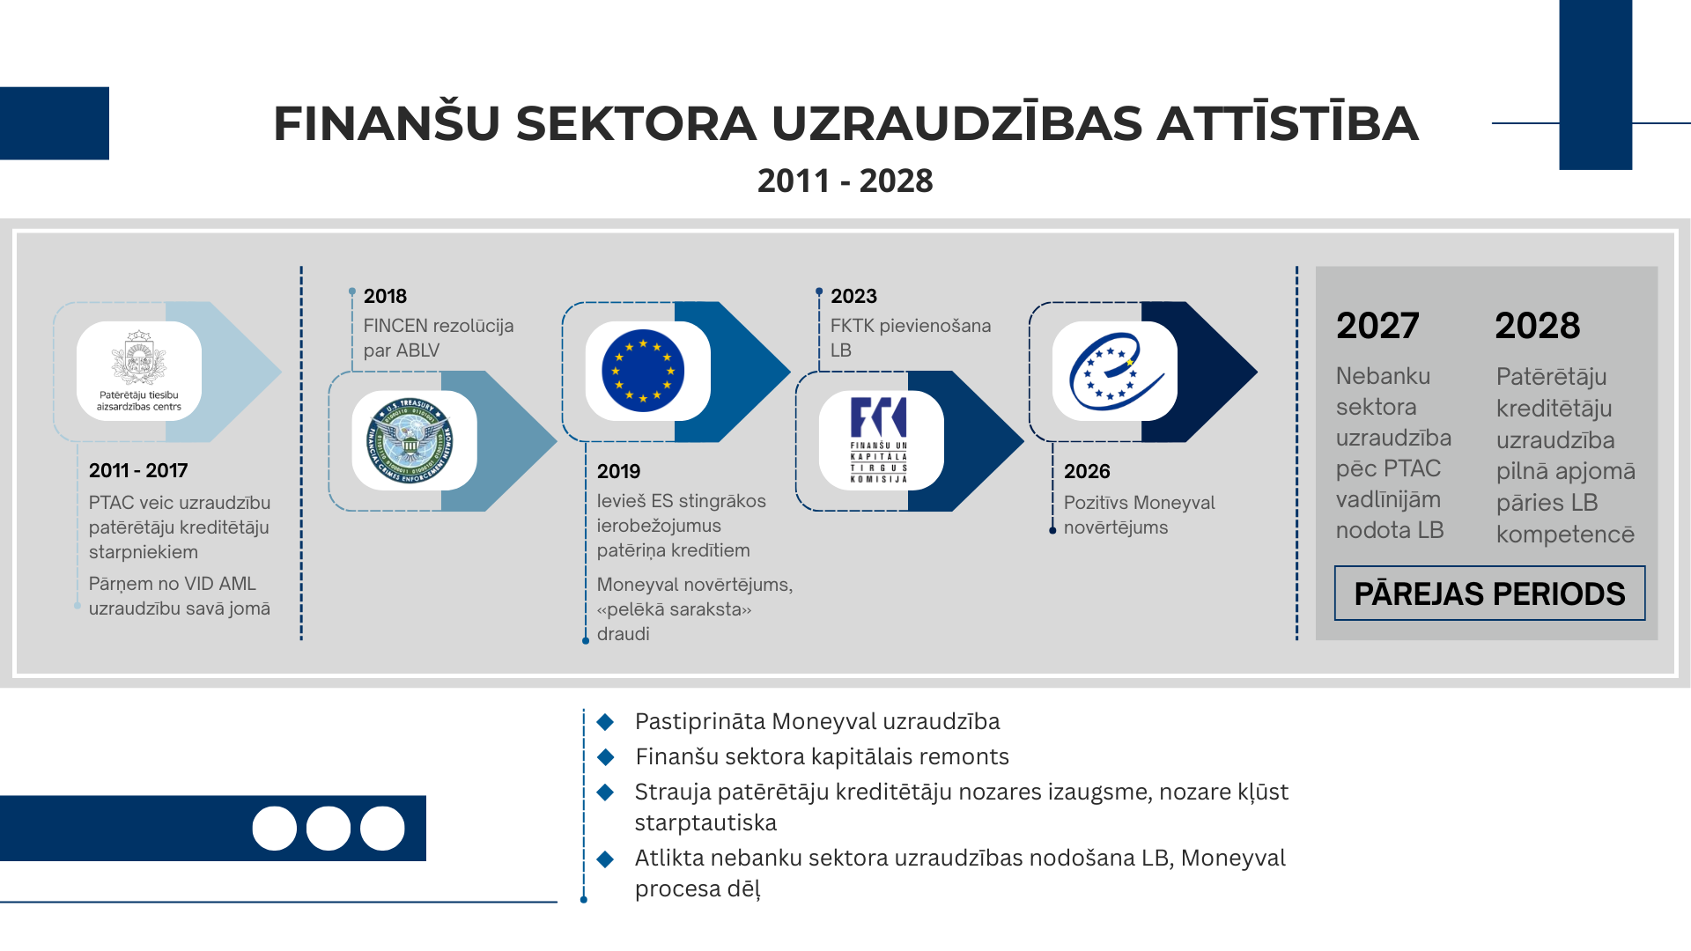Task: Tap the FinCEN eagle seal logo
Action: (x=411, y=440)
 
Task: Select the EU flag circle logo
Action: (x=644, y=371)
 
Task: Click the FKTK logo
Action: (x=879, y=439)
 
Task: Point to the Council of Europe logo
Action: (x=1115, y=371)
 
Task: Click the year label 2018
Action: (x=385, y=296)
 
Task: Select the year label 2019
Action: (x=618, y=471)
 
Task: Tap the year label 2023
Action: (x=853, y=296)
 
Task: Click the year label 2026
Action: (x=1087, y=471)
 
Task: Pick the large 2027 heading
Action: (x=1377, y=326)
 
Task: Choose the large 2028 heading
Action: (x=1538, y=326)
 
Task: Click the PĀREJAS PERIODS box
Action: (x=1489, y=593)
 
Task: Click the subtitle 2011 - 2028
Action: (x=845, y=181)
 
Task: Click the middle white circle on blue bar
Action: (x=329, y=828)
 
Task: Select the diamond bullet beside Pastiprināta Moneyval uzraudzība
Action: (x=605, y=722)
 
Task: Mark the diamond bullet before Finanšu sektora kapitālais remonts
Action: (x=605, y=757)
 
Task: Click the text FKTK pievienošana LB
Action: (x=910, y=337)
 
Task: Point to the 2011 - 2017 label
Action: (x=138, y=470)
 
